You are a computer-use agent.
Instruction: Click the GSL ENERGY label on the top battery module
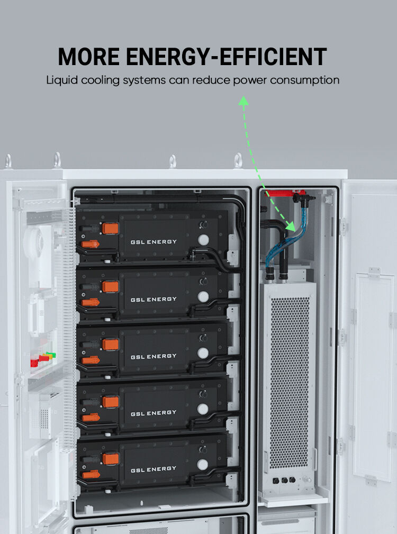(154, 242)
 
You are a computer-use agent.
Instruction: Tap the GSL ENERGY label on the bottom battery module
(154, 468)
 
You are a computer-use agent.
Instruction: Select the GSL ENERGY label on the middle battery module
(154, 356)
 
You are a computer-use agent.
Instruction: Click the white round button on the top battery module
(203, 240)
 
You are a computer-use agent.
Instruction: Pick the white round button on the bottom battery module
(202, 465)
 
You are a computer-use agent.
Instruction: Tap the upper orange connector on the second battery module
(110, 286)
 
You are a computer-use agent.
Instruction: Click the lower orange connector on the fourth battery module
(91, 417)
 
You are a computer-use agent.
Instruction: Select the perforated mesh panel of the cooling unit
(290, 381)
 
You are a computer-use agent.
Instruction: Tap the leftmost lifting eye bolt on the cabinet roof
(8, 160)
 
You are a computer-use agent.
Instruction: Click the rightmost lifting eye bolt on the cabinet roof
(239, 160)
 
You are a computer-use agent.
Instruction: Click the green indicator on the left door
(50, 355)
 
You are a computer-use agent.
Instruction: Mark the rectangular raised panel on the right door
(373, 376)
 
